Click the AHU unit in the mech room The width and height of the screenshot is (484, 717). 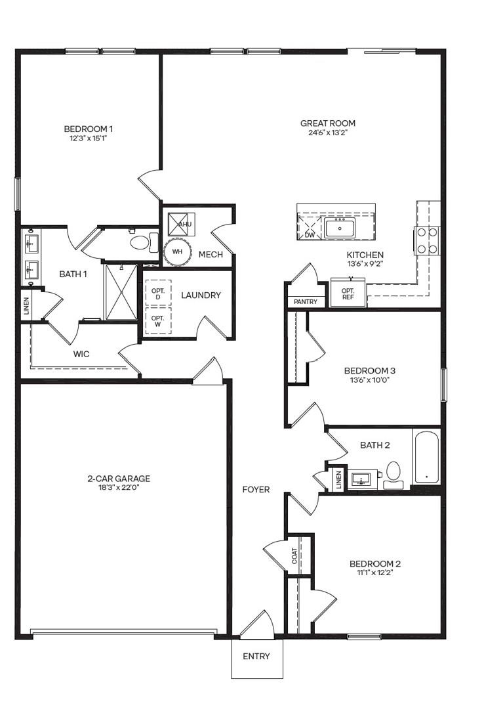[x=181, y=224]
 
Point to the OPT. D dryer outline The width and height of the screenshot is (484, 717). [x=158, y=293]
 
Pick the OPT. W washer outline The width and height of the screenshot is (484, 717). [x=158, y=320]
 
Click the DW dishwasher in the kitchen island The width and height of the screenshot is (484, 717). [x=310, y=227]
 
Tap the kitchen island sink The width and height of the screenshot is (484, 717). [x=340, y=227]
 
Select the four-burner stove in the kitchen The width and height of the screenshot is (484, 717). [x=426, y=240]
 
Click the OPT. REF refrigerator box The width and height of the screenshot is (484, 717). [x=348, y=293]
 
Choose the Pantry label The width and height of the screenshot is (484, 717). [x=306, y=302]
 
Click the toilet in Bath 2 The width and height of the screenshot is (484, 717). [x=393, y=475]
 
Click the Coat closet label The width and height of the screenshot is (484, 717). [x=294, y=556]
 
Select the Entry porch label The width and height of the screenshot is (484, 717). [x=256, y=656]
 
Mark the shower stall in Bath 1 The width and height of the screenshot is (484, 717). [x=121, y=292]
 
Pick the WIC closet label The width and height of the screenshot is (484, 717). [x=81, y=354]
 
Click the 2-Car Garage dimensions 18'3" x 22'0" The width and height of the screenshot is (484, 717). [x=119, y=487]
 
